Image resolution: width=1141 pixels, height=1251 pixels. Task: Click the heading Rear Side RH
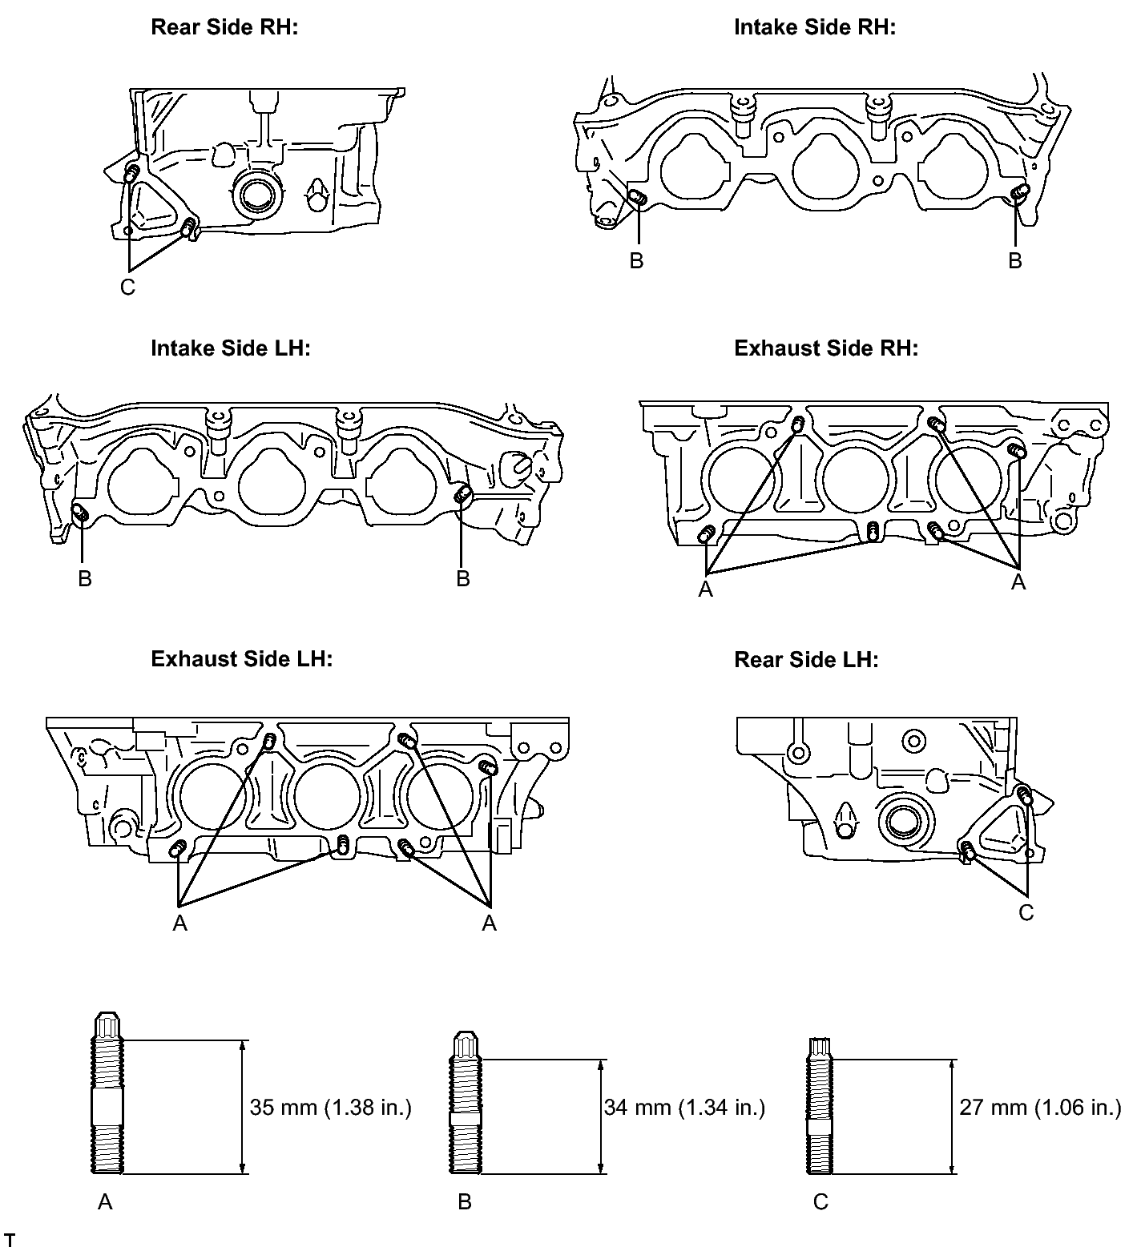pyautogui.click(x=224, y=27)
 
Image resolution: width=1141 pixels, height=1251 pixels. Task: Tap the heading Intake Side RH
pyautogui.click(x=814, y=27)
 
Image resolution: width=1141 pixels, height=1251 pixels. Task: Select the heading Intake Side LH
pyautogui.click(x=230, y=348)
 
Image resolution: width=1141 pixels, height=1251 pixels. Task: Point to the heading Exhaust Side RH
pyautogui.click(x=825, y=348)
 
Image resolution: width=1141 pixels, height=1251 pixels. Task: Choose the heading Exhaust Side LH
pyautogui.click(x=241, y=659)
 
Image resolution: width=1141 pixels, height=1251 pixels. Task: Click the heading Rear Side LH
pyautogui.click(x=806, y=660)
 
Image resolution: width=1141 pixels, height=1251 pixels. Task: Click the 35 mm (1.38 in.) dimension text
pyautogui.click(x=330, y=1108)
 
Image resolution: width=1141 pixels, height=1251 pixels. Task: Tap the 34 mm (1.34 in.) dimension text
pyautogui.click(x=684, y=1108)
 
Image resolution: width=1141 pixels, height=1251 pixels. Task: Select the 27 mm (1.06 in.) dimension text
pyautogui.click(x=1040, y=1108)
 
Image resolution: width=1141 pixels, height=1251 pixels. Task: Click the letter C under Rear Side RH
pyautogui.click(x=127, y=288)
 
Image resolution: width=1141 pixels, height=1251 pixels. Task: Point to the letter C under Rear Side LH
pyautogui.click(x=1026, y=913)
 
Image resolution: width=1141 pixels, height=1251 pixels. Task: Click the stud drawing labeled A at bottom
pyautogui.click(x=108, y=1094)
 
